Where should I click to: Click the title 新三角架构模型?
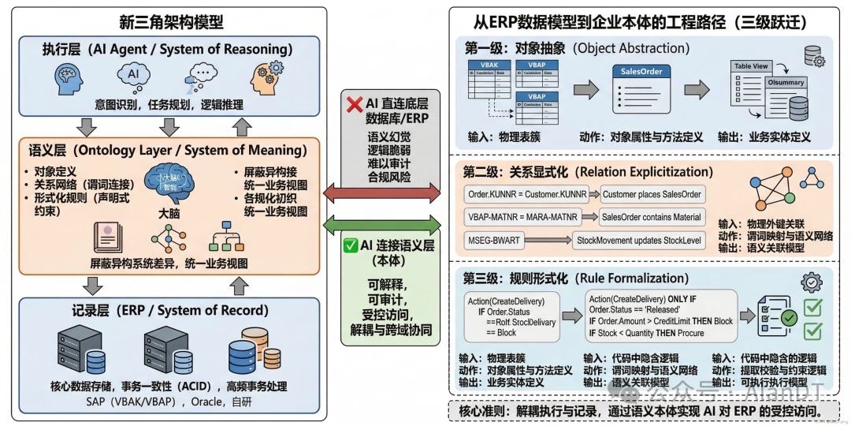[171, 21]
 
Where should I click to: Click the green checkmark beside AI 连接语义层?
[351, 245]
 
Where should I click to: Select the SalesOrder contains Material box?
[652, 217]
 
